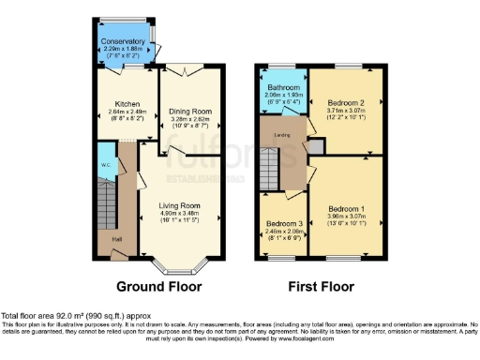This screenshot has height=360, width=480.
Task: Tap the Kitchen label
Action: tap(127, 103)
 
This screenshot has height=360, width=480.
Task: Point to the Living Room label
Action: tap(179, 204)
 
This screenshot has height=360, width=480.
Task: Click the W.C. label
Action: tap(106, 166)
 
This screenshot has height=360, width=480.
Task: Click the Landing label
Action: tap(280, 135)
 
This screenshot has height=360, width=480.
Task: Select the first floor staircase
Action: tap(270, 172)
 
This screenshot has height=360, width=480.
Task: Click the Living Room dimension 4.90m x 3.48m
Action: tap(179, 212)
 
